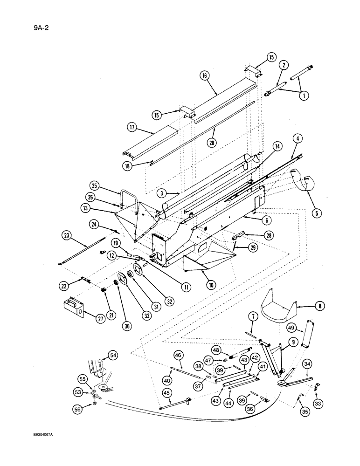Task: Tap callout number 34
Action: click(x=307, y=363)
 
